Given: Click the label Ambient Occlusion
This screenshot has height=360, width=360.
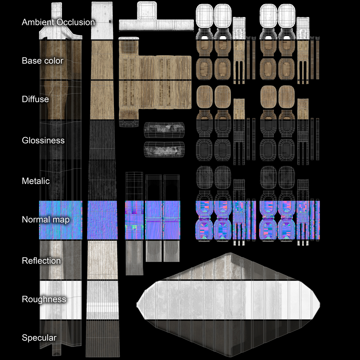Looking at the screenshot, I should (58, 23).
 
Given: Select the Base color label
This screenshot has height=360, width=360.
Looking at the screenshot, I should (42, 61).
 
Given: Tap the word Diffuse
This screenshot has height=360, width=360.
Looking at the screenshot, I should (35, 99).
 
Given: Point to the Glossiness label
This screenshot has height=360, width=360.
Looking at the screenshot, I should (43, 140).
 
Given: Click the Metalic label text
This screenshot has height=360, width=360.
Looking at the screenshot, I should (36, 181).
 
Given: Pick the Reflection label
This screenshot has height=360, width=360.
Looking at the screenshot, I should (41, 261).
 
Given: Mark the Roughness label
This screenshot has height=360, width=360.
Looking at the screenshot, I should (44, 299).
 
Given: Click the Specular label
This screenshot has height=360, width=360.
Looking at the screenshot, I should (39, 338).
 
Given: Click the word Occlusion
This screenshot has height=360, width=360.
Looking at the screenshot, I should (76, 23).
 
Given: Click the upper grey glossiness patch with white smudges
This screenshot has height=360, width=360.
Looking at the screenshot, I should (164, 128).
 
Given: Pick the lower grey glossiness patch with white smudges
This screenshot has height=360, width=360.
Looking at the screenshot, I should (164, 149).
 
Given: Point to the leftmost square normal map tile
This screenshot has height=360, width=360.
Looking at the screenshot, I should (61, 220).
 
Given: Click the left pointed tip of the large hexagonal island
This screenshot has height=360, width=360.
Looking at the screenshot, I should (138, 304).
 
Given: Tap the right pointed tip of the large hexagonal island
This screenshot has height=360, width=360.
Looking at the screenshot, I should (319, 304).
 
